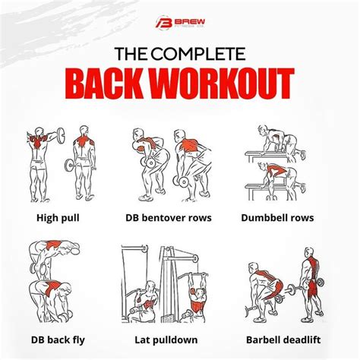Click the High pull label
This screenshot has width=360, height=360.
(58, 217)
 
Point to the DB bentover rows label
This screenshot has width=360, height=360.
(178, 217)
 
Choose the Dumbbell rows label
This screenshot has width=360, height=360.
(298, 217)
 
